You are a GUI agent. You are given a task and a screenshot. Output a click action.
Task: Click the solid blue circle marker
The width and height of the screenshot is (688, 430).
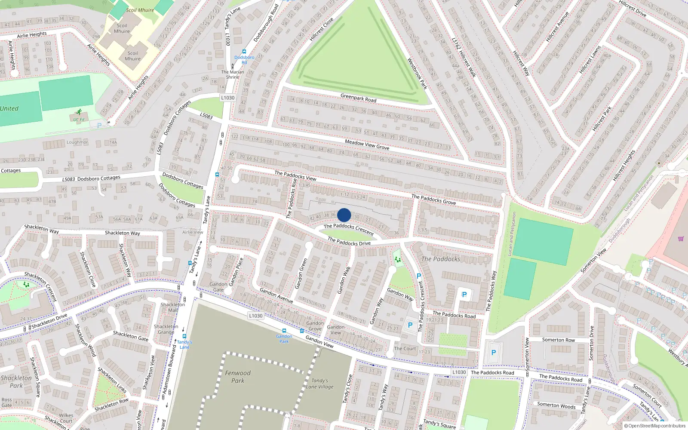pos(344,215)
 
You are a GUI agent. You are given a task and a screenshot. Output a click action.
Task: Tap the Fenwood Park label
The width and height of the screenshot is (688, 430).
pos(237,377)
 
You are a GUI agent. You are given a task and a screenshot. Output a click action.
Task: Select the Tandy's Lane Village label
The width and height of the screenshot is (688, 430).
pos(320,384)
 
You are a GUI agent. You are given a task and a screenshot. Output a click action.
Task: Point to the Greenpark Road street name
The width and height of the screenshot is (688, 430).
pos(358,98)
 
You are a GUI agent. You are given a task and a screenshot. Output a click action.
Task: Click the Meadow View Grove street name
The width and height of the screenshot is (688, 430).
pos(367,144)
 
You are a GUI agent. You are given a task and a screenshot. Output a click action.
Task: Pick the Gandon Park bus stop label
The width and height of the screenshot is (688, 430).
pos(284,339)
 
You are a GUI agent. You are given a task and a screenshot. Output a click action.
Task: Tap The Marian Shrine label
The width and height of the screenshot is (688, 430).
pos(233,74)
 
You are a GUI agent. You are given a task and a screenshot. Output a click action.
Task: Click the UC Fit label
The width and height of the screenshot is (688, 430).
pos(79,120)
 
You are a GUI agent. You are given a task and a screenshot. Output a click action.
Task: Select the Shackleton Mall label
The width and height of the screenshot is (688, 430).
pos(173,307)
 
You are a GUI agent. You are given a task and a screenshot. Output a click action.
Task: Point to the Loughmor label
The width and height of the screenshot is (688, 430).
pos(77,142)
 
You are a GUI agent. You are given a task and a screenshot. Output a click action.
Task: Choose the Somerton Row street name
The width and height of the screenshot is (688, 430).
pos(558,340)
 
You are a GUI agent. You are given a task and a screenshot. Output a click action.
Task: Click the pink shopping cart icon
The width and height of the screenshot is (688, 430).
pos(681,239)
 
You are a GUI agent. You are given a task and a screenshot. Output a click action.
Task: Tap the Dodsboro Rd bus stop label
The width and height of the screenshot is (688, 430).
pos(244,60)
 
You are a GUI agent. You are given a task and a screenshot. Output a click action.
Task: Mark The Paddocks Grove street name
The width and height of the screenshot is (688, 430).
pos(433,199)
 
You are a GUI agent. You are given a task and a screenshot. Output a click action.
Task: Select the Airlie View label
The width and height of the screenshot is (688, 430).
pos(193,232)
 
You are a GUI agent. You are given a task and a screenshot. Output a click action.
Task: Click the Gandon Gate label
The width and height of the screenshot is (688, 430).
pos(218,287)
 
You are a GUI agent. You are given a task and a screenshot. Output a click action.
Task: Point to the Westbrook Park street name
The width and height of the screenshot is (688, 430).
pos(417,74)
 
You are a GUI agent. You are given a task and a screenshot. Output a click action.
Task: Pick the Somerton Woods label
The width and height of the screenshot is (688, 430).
pos(556,405)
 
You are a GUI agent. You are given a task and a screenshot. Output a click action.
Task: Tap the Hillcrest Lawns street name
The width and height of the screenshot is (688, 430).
pos(590,60)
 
